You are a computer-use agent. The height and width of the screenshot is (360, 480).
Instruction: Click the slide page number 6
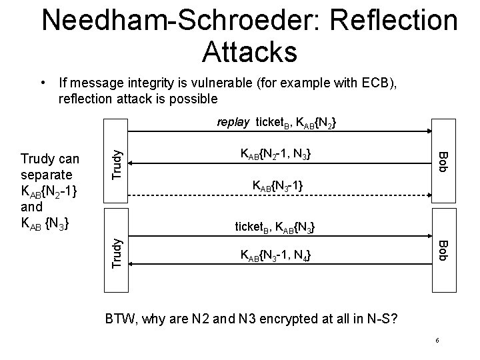coord(437,341)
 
